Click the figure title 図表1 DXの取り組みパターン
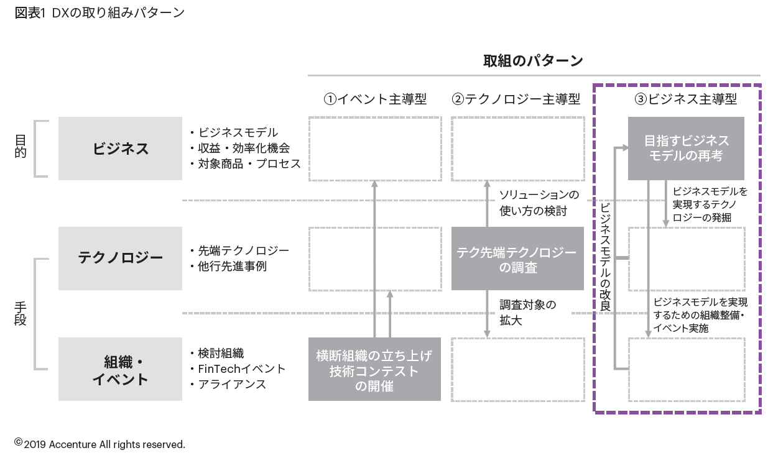[99, 12]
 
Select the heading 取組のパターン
[533, 61]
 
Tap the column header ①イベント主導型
[375, 99]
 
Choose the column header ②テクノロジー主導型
[516, 99]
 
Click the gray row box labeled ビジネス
[121, 149]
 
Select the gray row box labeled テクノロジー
[121, 258]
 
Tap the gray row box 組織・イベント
[121, 370]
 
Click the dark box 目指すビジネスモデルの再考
[686, 149]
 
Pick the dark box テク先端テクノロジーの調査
[517, 259]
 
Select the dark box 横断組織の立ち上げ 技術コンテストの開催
[374, 370]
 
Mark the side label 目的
[21, 148]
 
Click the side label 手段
[21, 314]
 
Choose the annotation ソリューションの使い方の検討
[539, 203]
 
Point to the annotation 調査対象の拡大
[527, 313]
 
